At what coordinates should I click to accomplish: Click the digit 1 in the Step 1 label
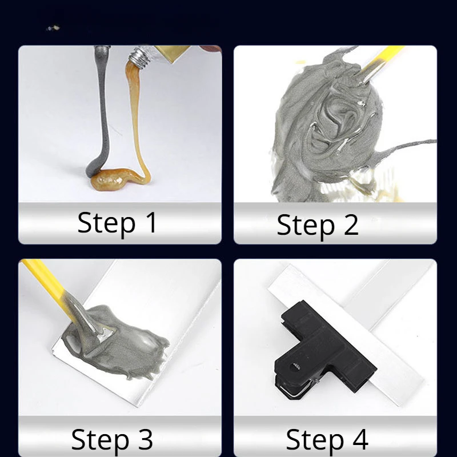click(152, 222)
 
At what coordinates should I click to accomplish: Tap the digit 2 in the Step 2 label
click(351, 225)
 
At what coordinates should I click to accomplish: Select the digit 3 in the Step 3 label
click(145, 439)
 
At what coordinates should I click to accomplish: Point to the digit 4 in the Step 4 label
click(360, 439)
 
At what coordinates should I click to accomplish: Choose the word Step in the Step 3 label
click(101, 440)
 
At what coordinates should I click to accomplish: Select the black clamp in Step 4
click(323, 347)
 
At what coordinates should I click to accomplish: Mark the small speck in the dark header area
click(53, 28)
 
